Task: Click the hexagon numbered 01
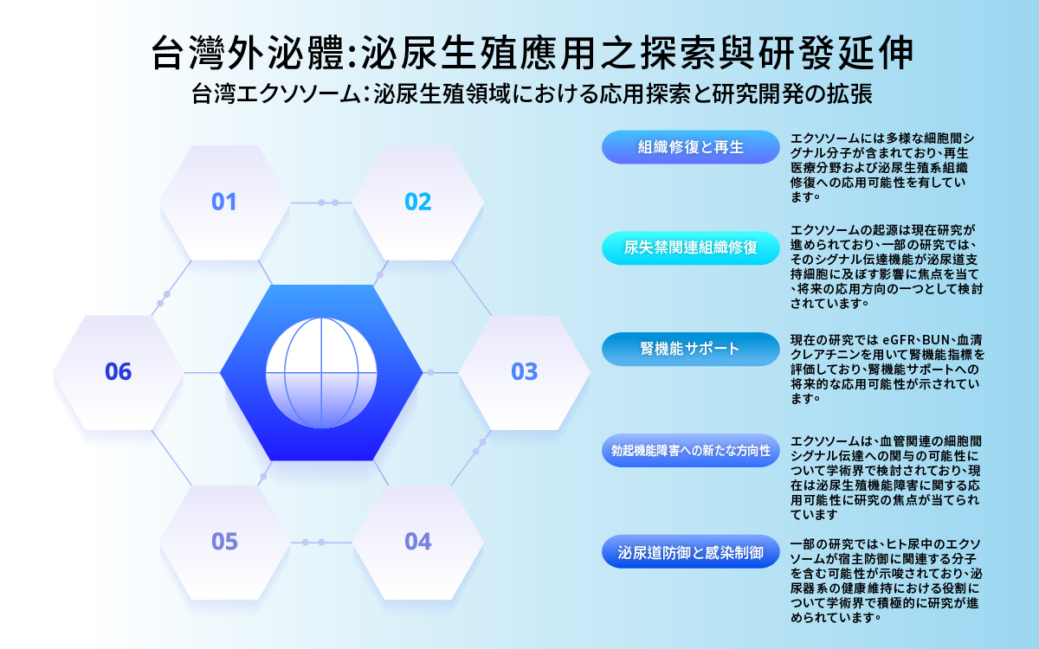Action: [224, 202]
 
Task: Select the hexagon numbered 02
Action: [418, 202]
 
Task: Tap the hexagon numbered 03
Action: [525, 373]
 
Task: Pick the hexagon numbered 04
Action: [418, 543]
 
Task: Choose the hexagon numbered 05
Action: [224, 543]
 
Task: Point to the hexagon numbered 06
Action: [119, 373]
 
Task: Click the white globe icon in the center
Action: [321, 373]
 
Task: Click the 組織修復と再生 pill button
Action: [691, 147]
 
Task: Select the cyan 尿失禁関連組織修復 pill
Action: [691, 248]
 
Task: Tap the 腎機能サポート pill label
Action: [691, 349]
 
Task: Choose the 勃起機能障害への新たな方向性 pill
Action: [691, 450]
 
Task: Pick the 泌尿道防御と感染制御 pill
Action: [691, 552]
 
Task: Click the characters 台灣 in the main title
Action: [189, 53]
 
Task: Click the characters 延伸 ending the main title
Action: [874, 53]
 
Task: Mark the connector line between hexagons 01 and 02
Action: [321, 202]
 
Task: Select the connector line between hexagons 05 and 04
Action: [321, 543]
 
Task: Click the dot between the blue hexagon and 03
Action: [430, 373]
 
